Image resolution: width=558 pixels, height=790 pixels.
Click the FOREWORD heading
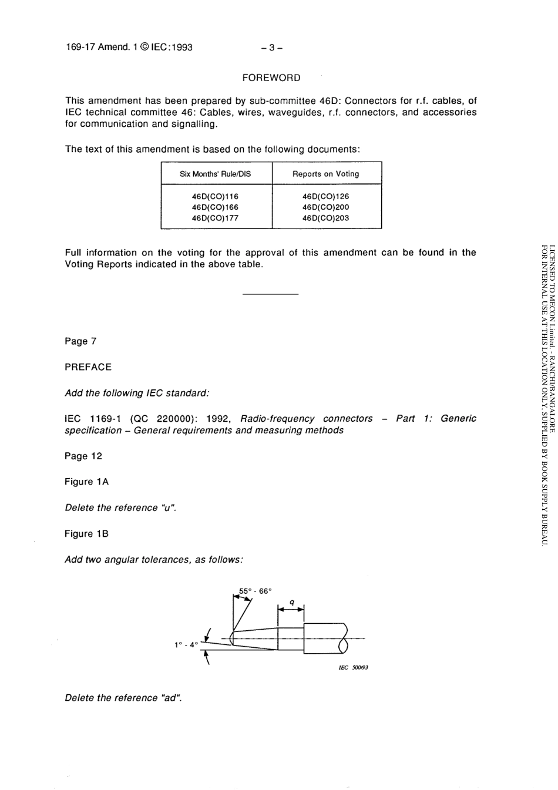click(271, 78)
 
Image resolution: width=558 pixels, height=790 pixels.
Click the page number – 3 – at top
click(272, 47)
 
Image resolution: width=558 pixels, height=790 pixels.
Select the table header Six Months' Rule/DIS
click(215, 174)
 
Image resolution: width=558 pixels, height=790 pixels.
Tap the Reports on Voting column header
click(325, 174)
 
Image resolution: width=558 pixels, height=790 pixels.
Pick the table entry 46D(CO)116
click(215, 196)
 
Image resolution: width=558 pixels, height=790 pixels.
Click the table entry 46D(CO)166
click(215, 207)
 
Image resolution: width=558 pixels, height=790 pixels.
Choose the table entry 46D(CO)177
click(215, 218)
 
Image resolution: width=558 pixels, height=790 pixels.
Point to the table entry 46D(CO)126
click(325, 196)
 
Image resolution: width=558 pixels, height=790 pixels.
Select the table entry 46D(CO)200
click(325, 207)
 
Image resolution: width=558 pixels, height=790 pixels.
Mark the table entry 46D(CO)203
click(325, 218)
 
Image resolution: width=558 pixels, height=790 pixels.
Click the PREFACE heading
click(88, 367)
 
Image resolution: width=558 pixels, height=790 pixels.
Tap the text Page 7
click(80, 341)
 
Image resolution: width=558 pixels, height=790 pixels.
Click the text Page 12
click(83, 456)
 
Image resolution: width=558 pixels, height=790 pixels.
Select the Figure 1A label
click(86, 482)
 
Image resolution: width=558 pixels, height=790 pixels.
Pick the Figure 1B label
click(86, 533)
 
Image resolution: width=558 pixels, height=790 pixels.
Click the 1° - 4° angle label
click(186, 645)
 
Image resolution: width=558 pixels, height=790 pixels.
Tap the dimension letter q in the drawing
click(292, 602)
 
